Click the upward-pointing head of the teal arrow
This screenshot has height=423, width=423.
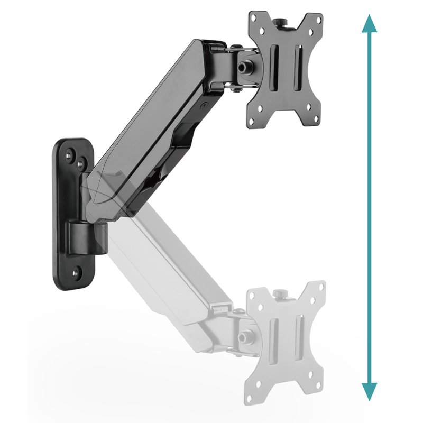(x=370, y=24)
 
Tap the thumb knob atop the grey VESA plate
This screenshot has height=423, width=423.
(x=278, y=292)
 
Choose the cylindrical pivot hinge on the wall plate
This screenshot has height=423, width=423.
(x=86, y=238)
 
